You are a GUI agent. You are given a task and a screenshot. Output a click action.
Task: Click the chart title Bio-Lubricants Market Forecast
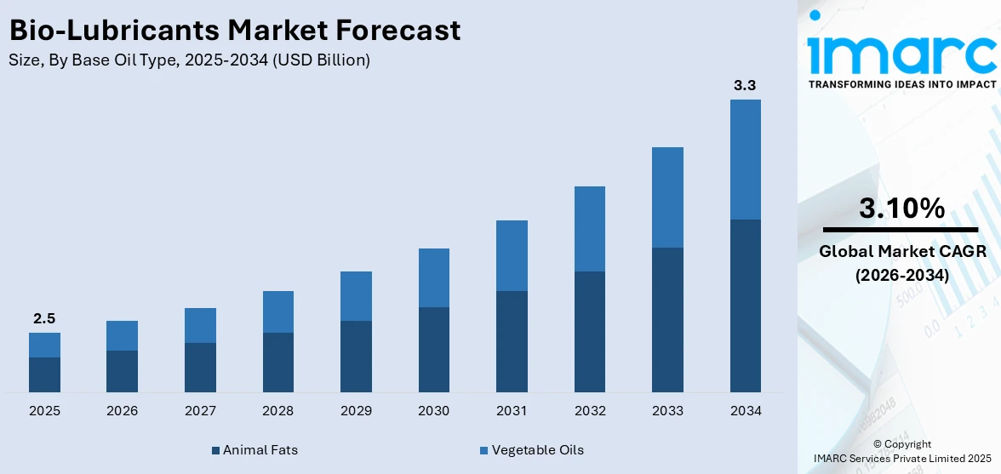tap(235, 31)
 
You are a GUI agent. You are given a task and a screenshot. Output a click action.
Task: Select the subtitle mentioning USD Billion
tap(189, 60)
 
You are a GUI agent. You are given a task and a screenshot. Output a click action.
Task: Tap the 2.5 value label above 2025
tap(44, 318)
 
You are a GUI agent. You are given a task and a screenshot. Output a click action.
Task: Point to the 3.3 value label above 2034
tap(745, 85)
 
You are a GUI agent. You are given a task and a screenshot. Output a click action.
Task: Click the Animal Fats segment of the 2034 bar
tap(745, 306)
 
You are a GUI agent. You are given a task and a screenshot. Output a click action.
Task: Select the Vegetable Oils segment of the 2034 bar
tap(745, 159)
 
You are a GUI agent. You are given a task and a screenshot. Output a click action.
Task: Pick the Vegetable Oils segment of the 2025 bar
tap(44, 345)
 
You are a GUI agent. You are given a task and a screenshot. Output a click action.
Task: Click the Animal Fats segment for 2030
tap(433, 349)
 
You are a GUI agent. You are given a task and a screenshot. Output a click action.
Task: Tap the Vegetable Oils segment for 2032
tap(589, 229)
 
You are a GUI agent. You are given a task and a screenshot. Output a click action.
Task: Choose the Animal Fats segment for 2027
tap(200, 367)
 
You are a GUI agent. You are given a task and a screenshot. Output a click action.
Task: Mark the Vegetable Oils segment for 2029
tap(356, 296)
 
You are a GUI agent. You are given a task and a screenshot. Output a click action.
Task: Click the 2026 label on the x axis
tap(122, 411)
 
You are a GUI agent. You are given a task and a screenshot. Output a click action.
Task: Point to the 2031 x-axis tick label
tap(512, 411)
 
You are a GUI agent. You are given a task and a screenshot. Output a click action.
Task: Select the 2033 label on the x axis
tap(667, 411)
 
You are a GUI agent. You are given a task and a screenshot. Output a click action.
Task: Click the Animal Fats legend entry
tap(255, 449)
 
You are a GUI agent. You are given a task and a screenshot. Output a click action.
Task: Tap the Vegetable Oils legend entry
tap(531, 449)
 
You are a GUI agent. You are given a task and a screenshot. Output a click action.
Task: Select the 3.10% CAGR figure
tap(901, 208)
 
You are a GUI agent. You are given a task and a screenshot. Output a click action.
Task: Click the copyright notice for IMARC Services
tap(901, 451)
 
